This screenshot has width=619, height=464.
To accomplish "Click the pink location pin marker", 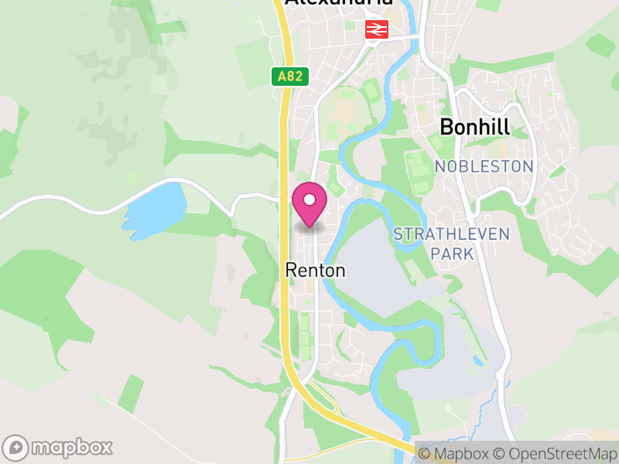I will (309, 203).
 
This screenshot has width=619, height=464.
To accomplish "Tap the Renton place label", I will (315, 270).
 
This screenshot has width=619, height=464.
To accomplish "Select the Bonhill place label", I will (474, 127).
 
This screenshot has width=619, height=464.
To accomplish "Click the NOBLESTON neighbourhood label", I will (484, 166).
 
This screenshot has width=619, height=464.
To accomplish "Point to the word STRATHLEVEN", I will (452, 234).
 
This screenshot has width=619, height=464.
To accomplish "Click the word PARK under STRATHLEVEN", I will (452, 253).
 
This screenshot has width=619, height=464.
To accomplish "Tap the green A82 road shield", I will (291, 77).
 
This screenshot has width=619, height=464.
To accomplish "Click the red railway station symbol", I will (377, 29).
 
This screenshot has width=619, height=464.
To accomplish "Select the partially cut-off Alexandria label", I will (339, 3).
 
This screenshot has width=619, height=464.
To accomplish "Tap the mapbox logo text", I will (71, 447).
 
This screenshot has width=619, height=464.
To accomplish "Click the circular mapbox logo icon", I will (16, 447).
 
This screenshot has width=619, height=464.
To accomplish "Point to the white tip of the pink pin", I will (309, 225).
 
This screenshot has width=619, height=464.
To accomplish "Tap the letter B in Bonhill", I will (446, 127).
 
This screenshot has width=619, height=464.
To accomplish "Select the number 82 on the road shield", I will (296, 77).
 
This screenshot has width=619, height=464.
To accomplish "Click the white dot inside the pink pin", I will (309, 200).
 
